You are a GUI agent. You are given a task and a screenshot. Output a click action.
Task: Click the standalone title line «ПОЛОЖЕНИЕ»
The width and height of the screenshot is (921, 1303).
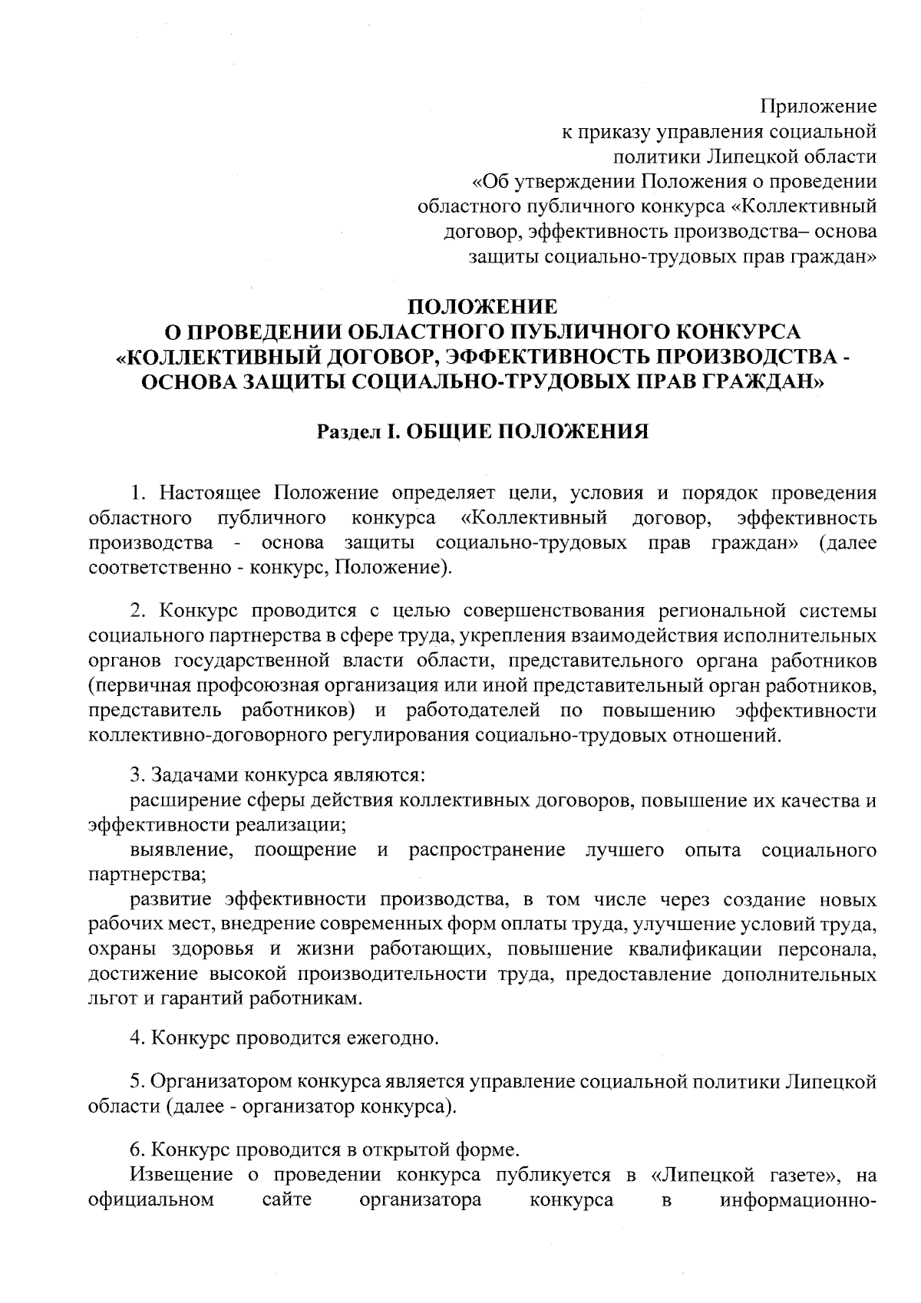[x=482, y=307]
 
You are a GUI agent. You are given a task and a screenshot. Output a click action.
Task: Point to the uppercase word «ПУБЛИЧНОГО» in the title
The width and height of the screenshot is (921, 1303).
[x=589, y=332]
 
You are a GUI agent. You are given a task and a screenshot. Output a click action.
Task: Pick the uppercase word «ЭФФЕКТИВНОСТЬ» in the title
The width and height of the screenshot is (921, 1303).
[x=581, y=358]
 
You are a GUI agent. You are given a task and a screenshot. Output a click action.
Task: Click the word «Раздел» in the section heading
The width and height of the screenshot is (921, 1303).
[x=349, y=433]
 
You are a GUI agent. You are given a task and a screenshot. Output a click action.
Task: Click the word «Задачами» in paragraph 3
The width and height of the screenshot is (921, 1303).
[x=193, y=775]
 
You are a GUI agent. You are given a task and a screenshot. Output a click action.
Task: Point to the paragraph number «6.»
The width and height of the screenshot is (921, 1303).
[x=138, y=1150]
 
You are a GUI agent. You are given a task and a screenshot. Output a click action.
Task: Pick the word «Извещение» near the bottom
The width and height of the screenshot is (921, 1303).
[x=182, y=1175]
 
